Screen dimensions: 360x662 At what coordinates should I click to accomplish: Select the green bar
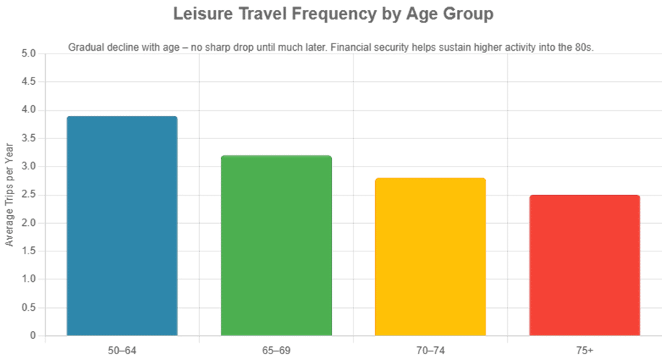click(x=276, y=246)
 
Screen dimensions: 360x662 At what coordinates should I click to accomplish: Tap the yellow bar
click(x=430, y=256)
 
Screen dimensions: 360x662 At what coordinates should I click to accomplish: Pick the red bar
click(x=585, y=265)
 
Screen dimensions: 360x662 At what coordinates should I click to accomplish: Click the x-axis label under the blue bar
click(x=122, y=351)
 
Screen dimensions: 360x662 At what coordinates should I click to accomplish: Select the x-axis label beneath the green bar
click(x=276, y=351)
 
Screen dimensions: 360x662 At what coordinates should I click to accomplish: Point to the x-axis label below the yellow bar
click(x=430, y=351)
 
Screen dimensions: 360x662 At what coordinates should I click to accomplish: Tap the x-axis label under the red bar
click(x=585, y=351)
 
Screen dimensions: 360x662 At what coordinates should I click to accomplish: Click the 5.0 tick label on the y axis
click(x=29, y=54)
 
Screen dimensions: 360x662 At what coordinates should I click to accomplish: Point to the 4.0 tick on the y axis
click(x=29, y=110)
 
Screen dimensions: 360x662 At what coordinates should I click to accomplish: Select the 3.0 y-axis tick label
click(x=29, y=167)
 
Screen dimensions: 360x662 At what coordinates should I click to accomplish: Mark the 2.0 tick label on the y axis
click(x=29, y=223)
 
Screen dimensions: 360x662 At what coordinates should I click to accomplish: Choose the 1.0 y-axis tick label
click(x=29, y=280)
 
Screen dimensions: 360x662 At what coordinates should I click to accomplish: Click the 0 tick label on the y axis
click(x=33, y=336)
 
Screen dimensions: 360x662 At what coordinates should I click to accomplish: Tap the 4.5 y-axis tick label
click(x=29, y=82)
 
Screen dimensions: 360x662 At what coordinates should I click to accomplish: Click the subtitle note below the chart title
click(x=331, y=48)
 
